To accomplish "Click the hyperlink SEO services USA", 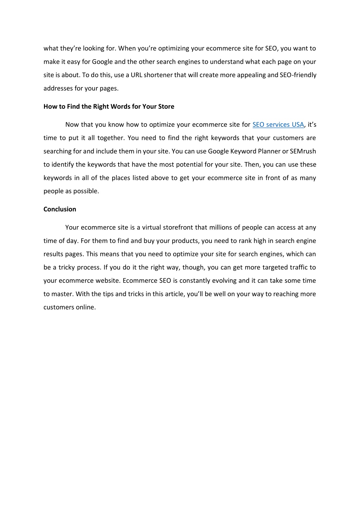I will click(x=278, y=125).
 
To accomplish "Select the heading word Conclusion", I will click(x=60, y=209).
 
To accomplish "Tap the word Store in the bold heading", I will click(x=166, y=106).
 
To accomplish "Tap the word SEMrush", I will click(x=303, y=151).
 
